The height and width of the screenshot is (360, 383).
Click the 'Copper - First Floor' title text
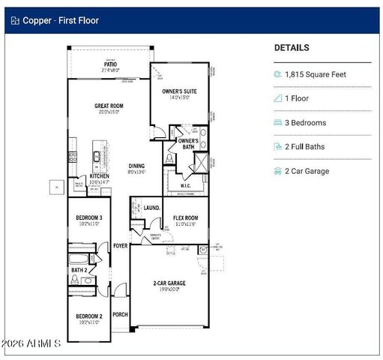pyautogui.click(x=61, y=20)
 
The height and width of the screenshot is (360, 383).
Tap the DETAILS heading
pyautogui.click(x=292, y=47)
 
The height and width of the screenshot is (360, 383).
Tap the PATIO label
pyautogui.click(x=110, y=64)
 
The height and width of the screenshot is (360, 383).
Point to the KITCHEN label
pyautogui.click(x=100, y=176)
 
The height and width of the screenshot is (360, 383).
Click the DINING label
pyautogui.click(x=136, y=166)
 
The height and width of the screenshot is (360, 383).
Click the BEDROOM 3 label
pyautogui.click(x=88, y=217)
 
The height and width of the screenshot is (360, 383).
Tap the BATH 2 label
pyautogui.click(x=79, y=270)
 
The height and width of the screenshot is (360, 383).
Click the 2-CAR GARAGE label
pyautogui.click(x=170, y=283)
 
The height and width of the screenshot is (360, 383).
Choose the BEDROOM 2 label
pyautogui.click(x=88, y=316)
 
